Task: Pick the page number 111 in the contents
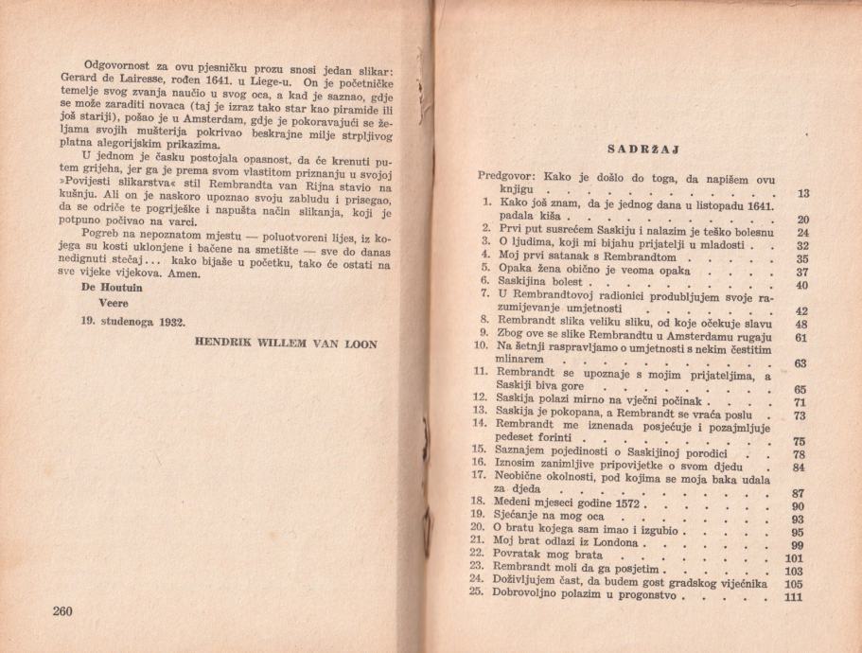(793, 597)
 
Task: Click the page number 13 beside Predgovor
(803, 194)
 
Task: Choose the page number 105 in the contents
(793, 583)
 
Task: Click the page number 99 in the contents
(796, 544)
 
